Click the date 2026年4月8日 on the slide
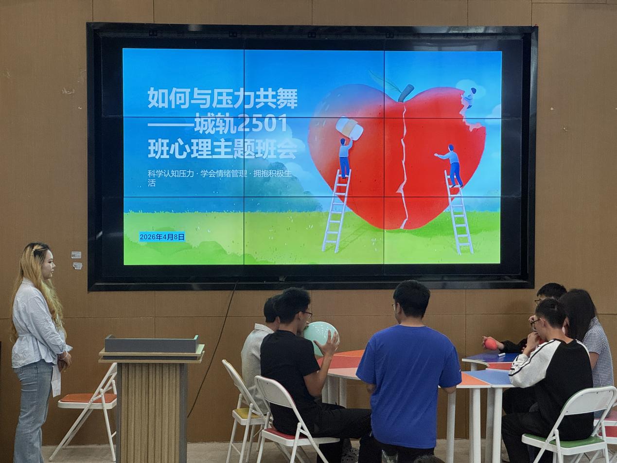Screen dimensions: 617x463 coord(162,237)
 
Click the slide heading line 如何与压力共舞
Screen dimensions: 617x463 coord(222,97)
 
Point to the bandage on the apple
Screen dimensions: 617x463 coord(350,128)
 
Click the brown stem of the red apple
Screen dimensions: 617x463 coord(406,92)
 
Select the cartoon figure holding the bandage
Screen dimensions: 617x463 coord(345,158)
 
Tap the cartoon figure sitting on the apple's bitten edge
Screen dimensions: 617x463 coord(469,98)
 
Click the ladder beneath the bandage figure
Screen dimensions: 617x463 coord(336,211)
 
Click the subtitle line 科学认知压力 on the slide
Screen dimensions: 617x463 coord(171,174)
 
